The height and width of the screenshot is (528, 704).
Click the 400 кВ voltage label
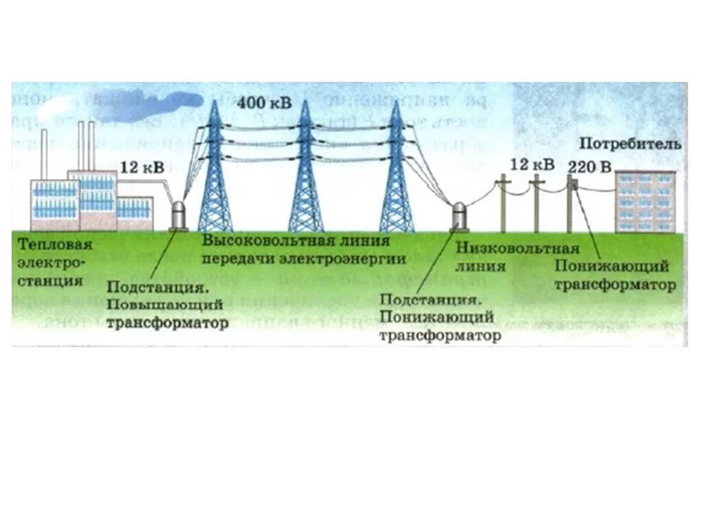coord(264,104)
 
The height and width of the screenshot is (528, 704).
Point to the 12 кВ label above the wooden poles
coord(532,165)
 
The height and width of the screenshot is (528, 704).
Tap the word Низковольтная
coord(518,248)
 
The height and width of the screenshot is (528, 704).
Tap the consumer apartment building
coord(644,201)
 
